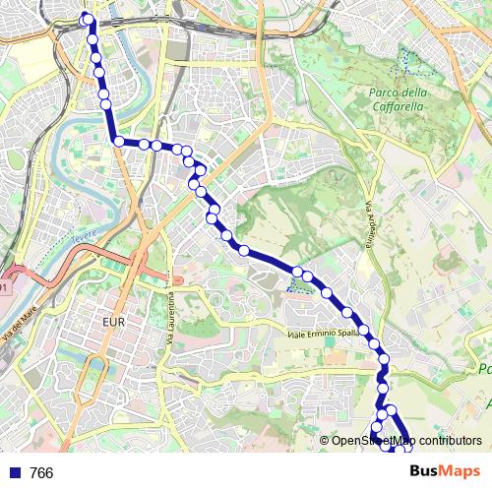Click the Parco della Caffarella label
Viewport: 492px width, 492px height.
tap(398, 99)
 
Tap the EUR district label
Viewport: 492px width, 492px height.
tap(116, 321)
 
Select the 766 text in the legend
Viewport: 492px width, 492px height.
tap(41, 473)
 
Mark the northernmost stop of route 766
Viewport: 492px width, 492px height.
tap(87, 18)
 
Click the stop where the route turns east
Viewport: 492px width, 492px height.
tap(119, 142)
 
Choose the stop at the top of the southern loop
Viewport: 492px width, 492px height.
tap(391, 409)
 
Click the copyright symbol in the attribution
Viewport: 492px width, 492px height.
tap(324, 441)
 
